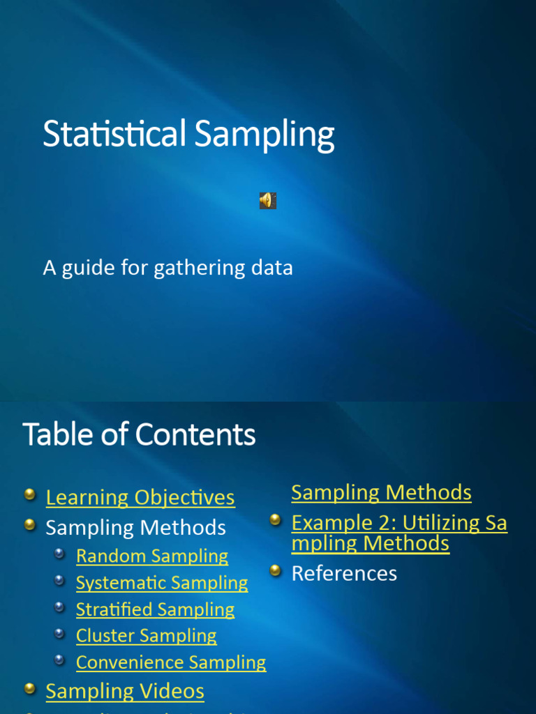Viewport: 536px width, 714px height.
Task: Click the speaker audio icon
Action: (x=267, y=201)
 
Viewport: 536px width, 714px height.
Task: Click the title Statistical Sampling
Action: (x=188, y=134)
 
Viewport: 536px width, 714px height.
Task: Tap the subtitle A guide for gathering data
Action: (x=167, y=268)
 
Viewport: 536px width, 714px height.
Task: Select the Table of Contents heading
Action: (x=139, y=435)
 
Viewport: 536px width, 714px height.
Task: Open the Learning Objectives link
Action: (x=140, y=498)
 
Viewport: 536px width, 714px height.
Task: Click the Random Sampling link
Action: (x=152, y=556)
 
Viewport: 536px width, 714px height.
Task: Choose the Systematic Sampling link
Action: (x=162, y=582)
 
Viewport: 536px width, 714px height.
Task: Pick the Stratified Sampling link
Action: (x=155, y=609)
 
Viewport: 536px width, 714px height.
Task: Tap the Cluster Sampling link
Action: (x=147, y=635)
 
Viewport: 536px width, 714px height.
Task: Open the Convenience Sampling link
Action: (x=171, y=662)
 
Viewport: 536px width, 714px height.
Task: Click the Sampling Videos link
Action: (x=125, y=691)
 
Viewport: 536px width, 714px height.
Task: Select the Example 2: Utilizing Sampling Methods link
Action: (x=399, y=533)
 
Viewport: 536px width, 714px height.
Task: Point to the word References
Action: (x=344, y=573)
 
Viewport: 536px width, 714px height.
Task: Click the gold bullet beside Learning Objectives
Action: (x=29, y=495)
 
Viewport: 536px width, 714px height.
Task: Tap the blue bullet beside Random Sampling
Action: (x=60, y=554)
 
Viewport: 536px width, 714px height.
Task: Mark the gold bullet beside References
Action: (x=276, y=570)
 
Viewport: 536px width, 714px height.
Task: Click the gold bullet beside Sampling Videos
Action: (x=29, y=689)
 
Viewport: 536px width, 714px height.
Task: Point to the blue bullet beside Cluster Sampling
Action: (x=60, y=633)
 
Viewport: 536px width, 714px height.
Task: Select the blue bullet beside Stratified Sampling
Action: (x=60, y=607)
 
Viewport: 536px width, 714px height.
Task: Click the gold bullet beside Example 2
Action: (x=276, y=519)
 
